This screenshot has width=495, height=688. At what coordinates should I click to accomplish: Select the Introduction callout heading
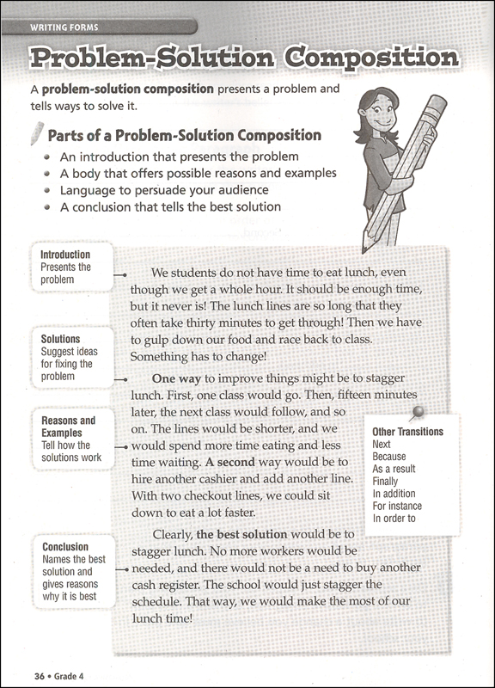[x=65, y=255]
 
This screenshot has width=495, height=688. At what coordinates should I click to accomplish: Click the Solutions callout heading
[x=60, y=340]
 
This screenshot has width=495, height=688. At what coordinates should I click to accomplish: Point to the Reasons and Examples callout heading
[x=68, y=427]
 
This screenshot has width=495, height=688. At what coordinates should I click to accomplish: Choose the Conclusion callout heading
[x=64, y=547]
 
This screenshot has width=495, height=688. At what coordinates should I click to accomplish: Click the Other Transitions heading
[x=407, y=432]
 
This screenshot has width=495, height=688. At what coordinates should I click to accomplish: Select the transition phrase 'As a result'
[x=396, y=470]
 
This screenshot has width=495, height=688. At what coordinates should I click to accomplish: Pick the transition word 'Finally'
[x=385, y=482]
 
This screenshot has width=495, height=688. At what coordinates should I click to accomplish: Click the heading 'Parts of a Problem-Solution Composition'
[x=184, y=136]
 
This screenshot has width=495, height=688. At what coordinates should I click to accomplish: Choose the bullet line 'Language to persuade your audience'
[x=164, y=190]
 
